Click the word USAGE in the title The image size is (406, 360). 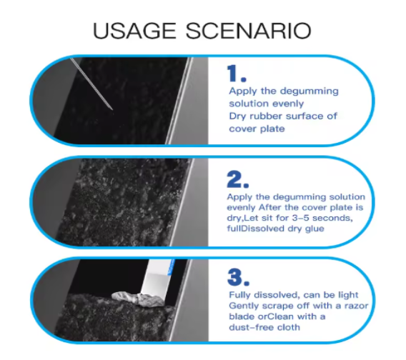pos(134,31)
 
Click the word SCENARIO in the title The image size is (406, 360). pos(249,31)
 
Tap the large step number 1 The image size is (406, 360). pos(236,74)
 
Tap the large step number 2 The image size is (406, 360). pos(238,179)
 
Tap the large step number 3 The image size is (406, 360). pos(239,277)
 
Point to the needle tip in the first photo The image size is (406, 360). pos(112,109)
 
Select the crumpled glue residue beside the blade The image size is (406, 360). pos(138,299)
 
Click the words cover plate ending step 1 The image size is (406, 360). pos(257,129)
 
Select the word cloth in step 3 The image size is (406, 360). pos(289,327)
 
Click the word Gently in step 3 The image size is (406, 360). pos(242,306)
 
